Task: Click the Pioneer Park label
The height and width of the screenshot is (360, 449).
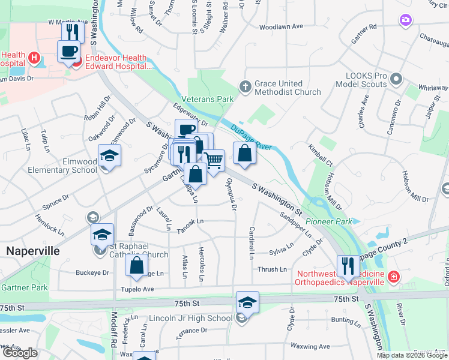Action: point(328,221)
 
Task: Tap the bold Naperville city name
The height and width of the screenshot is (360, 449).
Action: point(33,251)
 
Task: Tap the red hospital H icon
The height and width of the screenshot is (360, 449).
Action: point(34,58)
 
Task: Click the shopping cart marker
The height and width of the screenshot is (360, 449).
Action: point(213,161)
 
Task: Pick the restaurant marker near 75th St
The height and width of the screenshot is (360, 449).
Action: point(348,265)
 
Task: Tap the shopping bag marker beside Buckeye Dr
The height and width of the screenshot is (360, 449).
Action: point(137,265)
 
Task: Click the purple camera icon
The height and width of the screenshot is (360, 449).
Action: point(406,21)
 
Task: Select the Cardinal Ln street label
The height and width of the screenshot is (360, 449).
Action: point(252,243)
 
